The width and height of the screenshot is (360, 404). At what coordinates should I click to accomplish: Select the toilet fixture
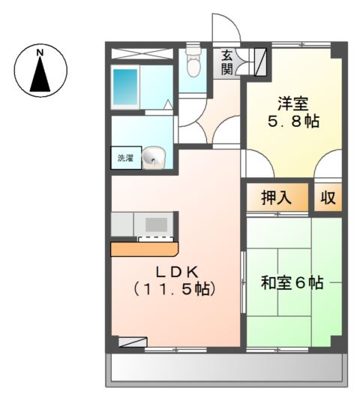194,63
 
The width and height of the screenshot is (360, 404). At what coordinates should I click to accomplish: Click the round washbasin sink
154,156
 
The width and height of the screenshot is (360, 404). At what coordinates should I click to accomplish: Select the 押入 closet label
276,198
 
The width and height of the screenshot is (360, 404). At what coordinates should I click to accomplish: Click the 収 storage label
328,198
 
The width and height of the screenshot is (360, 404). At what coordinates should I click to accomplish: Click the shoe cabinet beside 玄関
261,61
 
